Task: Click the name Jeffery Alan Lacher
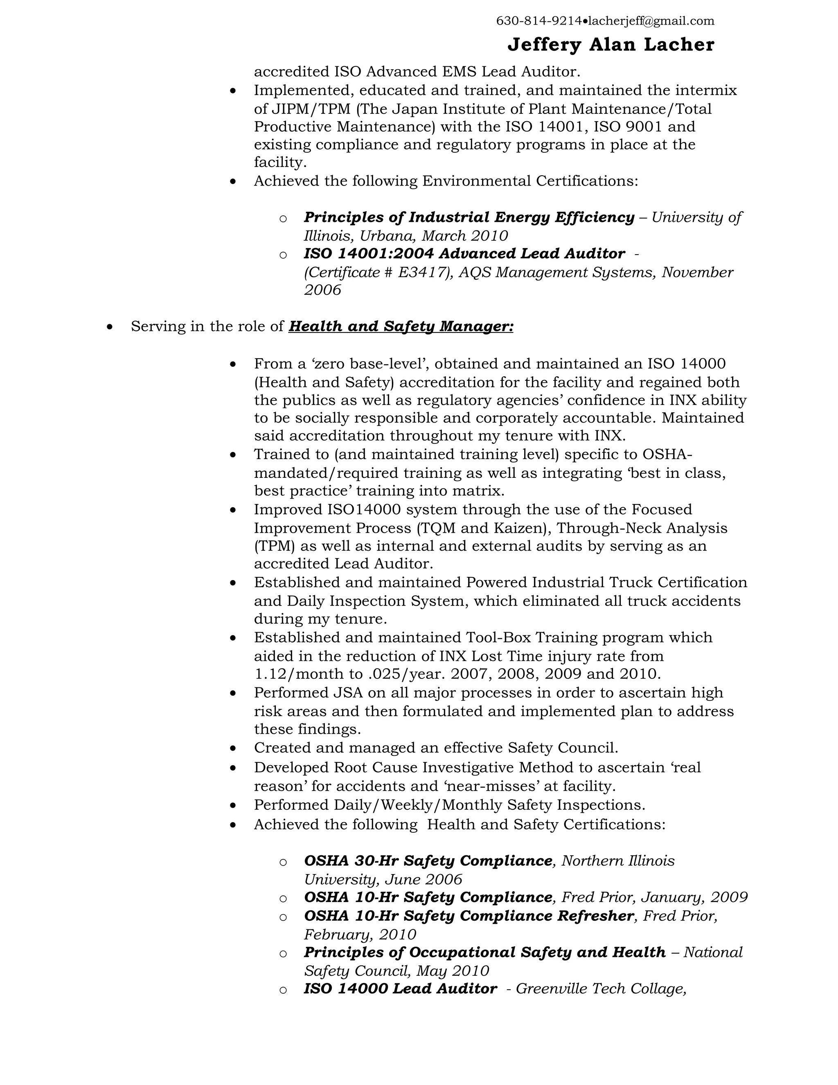[x=610, y=45]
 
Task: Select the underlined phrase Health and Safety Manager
[x=400, y=326]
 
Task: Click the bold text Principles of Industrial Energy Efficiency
[x=469, y=217]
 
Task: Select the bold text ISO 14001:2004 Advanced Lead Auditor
[x=464, y=253]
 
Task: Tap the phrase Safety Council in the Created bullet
[x=563, y=748]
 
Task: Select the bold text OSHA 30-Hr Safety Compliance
[x=428, y=861]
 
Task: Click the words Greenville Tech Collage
[x=600, y=989]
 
